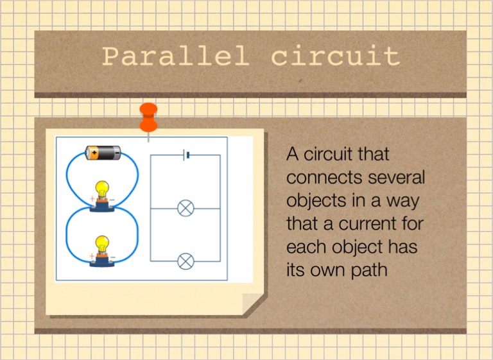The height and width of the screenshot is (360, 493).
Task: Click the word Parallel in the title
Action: (x=176, y=56)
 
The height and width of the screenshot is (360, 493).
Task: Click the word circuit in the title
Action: (x=336, y=56)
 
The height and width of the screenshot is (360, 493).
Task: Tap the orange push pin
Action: (x=148, y=117)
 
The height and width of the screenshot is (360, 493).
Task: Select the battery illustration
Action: (x=103, y=153)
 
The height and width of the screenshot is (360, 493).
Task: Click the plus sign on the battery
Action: (x=94, y=153)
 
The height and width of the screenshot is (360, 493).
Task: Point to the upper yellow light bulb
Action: (x=102, y=189)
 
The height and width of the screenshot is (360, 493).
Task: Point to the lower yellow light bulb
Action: (x=102, y=244)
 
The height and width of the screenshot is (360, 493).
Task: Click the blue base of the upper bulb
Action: (x=102, y=206)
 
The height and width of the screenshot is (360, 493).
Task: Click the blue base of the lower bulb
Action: (x=102, y=262)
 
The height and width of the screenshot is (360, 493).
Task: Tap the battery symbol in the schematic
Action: (x=186, y=155)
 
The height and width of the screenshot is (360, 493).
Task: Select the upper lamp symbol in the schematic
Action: (x=186, y=208)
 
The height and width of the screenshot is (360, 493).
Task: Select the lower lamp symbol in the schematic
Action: (x=186, y=261)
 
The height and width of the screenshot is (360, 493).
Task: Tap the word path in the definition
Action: (x=369, y=270)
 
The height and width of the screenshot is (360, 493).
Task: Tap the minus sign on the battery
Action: (x=117, y=153)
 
